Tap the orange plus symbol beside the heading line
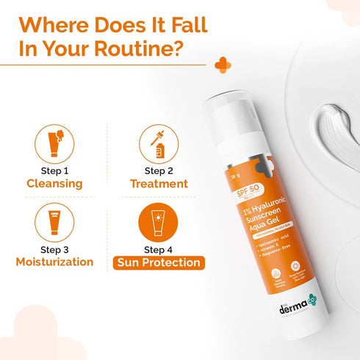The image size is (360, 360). click(x=223, y=65)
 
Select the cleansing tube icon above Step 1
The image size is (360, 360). click(x=56, y=143)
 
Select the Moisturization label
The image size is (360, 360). click(x=56, y=262)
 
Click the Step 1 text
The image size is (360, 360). click(x=56, y=171)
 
